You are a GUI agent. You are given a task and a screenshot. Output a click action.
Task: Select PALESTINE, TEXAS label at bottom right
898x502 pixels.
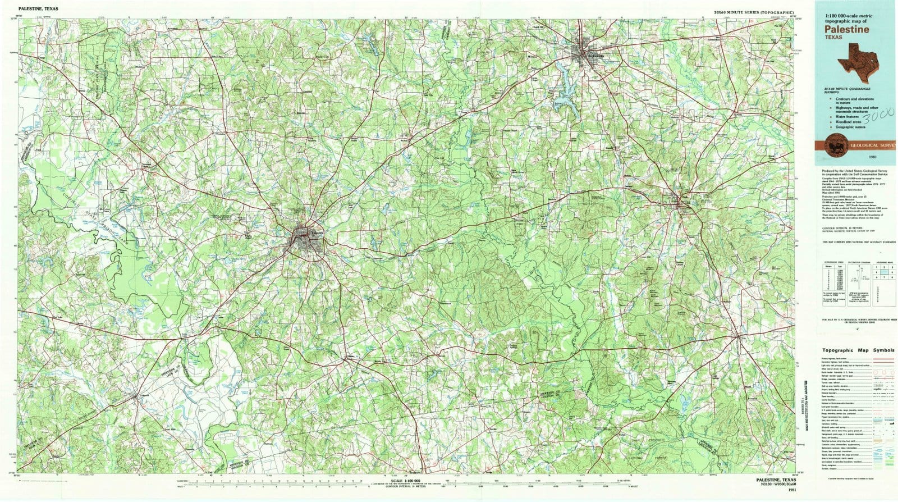coord(772,480)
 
